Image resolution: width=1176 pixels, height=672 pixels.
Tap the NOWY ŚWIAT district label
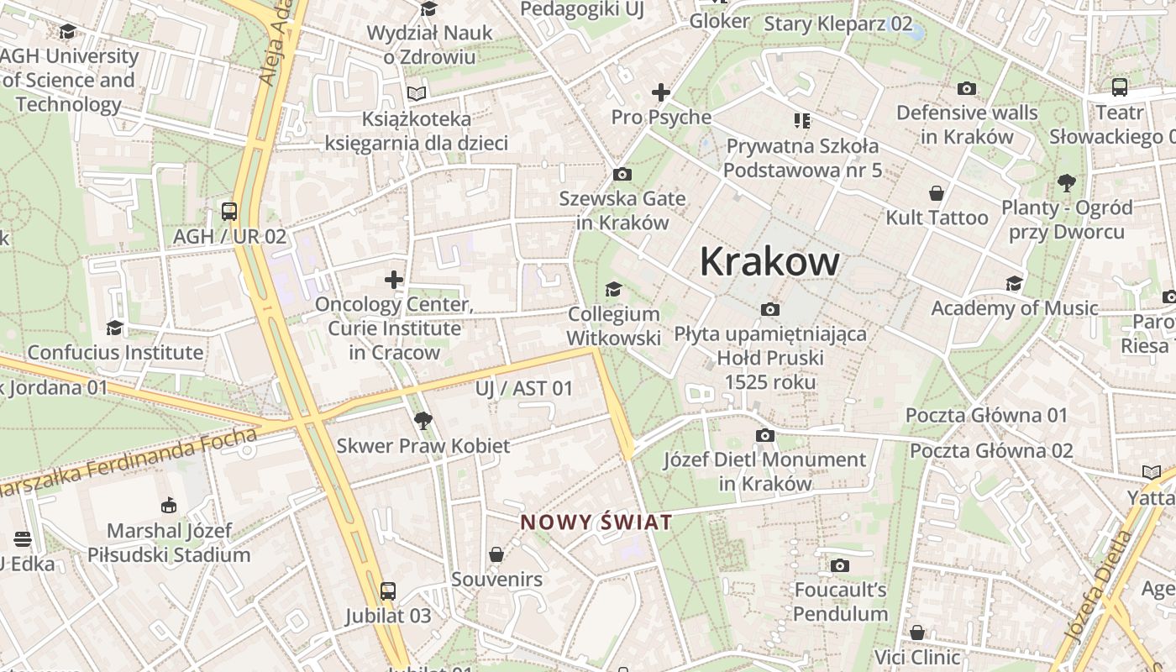[x=596, y=522]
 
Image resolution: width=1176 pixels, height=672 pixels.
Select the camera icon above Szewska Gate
[x=622, y=174]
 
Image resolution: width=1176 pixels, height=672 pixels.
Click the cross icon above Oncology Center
[x=394, y=279]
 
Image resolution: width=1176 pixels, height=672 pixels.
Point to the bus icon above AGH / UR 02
[x=228, y=211]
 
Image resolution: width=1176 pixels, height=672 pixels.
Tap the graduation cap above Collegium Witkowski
[x=614, y=289]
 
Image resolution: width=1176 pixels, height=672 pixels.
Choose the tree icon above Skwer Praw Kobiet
[x=423, y=420]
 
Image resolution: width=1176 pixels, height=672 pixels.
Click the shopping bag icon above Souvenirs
[x=496, y=554]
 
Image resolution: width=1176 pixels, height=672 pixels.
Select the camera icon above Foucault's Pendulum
[x=840, y=565]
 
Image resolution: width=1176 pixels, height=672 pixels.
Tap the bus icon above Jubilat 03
[x=387, y=591]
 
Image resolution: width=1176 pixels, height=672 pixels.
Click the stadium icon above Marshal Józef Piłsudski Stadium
[x=169, y=505]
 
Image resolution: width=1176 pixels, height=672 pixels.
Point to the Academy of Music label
[x=1014, y=308]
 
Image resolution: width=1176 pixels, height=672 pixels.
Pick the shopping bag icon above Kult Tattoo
[x=936, y=193]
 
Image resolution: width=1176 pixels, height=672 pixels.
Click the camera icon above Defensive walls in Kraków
[x=967, y=88]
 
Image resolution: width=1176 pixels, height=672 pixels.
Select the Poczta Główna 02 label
[x=991, y=451]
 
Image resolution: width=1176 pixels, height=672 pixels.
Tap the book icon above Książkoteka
[x=417, y=93]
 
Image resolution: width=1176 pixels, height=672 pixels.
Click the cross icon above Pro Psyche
[x=661, y=92]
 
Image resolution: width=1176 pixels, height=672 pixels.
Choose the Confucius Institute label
[x=115, y=352]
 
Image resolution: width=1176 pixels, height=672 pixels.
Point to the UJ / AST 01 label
[x=523, y=388]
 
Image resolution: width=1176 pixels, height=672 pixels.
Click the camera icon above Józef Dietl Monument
[x=764, y=435]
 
